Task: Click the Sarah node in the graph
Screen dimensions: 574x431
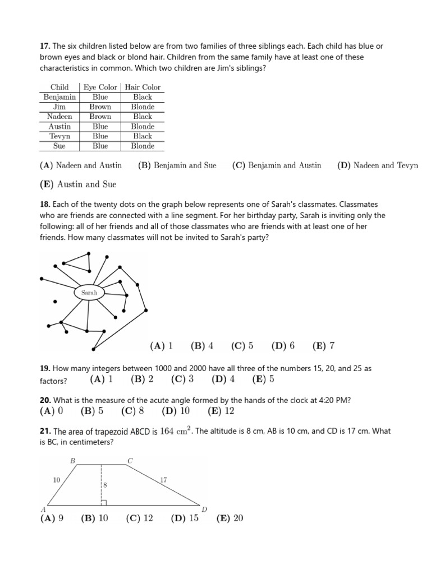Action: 89,292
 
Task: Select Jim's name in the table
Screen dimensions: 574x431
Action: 59,107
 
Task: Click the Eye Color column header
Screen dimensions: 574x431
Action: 100,87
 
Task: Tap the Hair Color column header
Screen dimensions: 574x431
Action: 143,87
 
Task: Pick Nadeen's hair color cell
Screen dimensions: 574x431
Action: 143,117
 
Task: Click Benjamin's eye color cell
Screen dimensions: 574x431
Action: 100,97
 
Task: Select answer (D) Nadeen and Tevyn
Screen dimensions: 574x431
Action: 377,165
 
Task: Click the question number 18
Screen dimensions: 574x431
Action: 44,206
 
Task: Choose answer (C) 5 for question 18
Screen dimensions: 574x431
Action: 242,346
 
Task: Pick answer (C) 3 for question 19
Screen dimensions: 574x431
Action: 182,379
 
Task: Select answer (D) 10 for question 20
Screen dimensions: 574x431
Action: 176,411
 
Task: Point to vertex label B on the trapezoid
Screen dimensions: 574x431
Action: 72,460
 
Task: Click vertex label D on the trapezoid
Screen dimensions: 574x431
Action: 204,509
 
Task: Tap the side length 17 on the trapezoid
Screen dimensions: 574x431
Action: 163,480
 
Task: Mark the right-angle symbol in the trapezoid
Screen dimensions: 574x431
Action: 104,501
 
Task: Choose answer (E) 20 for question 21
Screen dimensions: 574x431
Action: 230,518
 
